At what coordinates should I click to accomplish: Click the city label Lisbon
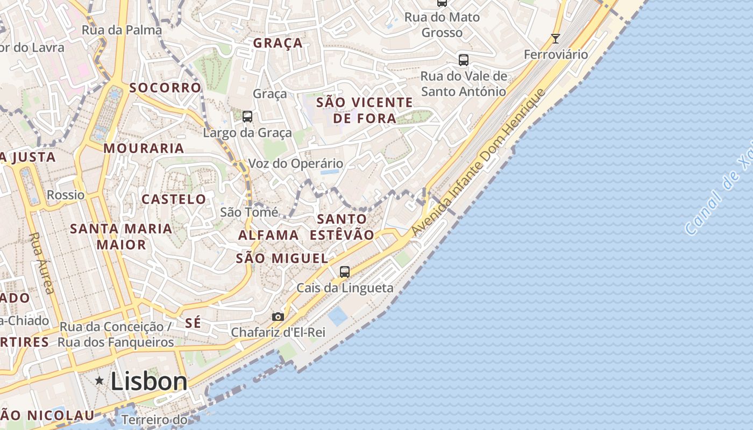[149, 382]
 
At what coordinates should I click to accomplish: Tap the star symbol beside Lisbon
[100, 381]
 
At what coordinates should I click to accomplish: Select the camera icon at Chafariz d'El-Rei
[278, 317]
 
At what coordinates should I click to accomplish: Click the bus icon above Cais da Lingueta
[345, 272]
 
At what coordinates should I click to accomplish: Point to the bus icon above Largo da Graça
[247, 117]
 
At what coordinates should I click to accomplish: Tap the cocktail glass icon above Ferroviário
[556, 39]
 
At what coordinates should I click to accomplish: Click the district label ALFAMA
[268, 235]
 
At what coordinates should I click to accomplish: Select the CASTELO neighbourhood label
[174, 199]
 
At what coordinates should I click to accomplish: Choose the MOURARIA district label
[144, 148]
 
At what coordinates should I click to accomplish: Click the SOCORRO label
[165, 88]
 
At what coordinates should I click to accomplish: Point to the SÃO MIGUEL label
[282, 259]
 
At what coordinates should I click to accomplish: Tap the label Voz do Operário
[295, 164]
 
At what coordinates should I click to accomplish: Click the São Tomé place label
[249, 212]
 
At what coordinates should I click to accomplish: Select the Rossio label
[66, 195]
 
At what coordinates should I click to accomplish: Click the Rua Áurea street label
[41, 263]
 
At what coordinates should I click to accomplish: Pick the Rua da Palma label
[122, 30]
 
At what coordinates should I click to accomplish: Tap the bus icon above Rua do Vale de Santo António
[463, 60]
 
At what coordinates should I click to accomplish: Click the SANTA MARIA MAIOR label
[121, 236]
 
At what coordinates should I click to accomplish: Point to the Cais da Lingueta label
[345, 288]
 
